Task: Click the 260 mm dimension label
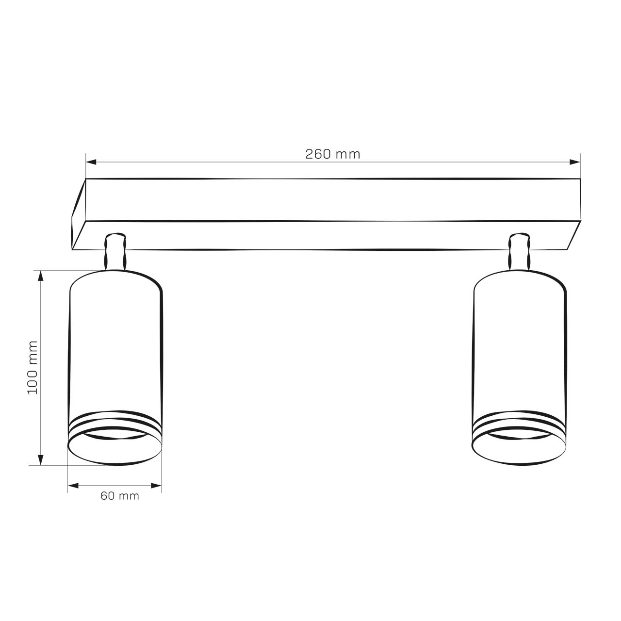[332, 154]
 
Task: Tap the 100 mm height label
[33, 367]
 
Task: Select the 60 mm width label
[119, 496]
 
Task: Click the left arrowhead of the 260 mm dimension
[91, 162]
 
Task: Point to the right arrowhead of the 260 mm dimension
[574, 162]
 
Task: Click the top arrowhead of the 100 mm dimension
[41, 276]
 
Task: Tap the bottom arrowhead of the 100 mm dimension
[41, 459]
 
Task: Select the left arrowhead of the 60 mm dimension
[73, 486]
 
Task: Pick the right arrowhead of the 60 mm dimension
[156, 486]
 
